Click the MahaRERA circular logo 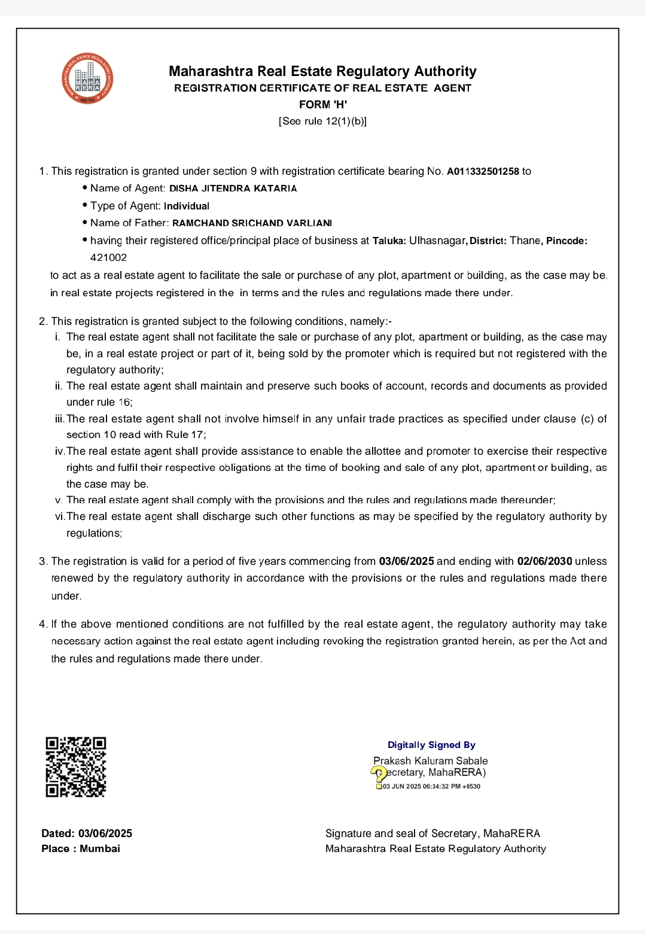[87, 78]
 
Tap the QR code [76, 767]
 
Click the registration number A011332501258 [483, 172]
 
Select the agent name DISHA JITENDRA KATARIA [233, 188]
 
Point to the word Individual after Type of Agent [187, 206]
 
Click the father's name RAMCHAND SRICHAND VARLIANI [252, 223]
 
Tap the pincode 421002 [109, 258]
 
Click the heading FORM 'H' [323, 105]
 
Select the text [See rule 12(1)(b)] [323, 121]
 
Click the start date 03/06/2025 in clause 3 [407, 561]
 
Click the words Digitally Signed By [431, 745]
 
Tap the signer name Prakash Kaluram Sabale [431, 761]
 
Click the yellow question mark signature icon [379, 775]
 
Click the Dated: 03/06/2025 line [87, 833]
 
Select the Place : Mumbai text [81, 849]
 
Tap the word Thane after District [525, 241]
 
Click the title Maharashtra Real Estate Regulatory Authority [323, 72]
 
